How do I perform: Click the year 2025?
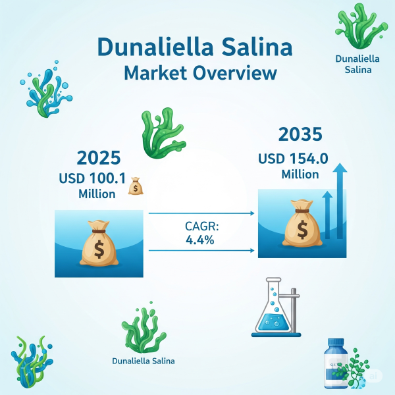point(99,158)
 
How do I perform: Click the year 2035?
point(300,134)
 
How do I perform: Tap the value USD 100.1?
point(92,178)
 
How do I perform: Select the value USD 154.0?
point(293,159)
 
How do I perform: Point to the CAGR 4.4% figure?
point(200,240)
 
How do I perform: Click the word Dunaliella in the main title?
point(155,47)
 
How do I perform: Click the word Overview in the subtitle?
point(235,73)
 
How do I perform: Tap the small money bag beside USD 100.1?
point(136,186)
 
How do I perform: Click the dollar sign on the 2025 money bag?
point(99,250)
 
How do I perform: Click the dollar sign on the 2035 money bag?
point(302,230)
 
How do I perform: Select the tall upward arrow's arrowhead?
point(340,168)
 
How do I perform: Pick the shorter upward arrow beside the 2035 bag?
point(327,215)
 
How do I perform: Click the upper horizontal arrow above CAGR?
point(201,213)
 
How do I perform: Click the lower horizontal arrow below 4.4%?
point(201,250)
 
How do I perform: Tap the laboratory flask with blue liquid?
point(273,307)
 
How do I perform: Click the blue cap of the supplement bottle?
point(336,344)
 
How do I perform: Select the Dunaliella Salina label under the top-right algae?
point(357,65)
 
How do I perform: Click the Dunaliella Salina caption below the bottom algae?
point(144,361)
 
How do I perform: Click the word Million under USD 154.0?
point(300,174)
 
